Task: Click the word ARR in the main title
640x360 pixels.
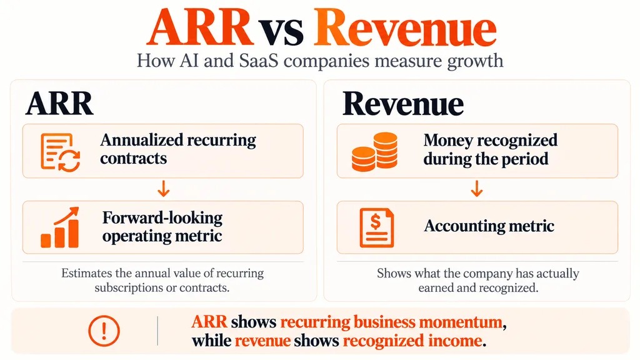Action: pos(199,27)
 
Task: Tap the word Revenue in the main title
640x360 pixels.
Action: pos(404,27)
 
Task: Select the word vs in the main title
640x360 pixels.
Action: pos(283,31)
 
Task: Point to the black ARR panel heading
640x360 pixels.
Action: pos(59,104)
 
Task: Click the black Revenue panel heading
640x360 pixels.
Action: pos(403,104)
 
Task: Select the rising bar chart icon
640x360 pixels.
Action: pos(59,227)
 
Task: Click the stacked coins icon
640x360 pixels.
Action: pos(374,151)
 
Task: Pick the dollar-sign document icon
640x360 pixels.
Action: pos(377,227)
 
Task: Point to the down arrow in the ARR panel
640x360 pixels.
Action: pos(163,189)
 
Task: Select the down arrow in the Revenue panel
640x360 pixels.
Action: pos(477,189)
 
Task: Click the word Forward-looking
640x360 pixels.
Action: pos(162,217)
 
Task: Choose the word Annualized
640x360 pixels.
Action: pos(141,140)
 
